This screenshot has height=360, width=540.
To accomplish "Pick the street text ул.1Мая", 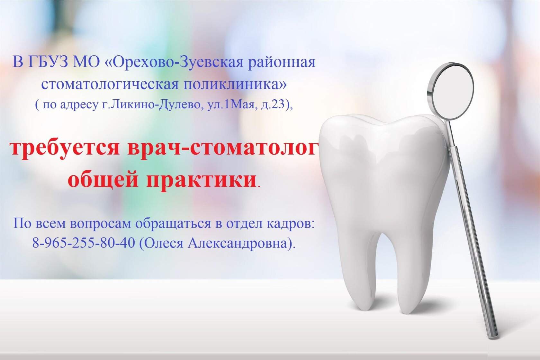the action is pos(233,105).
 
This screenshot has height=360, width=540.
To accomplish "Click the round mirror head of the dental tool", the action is pos(450,91).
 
